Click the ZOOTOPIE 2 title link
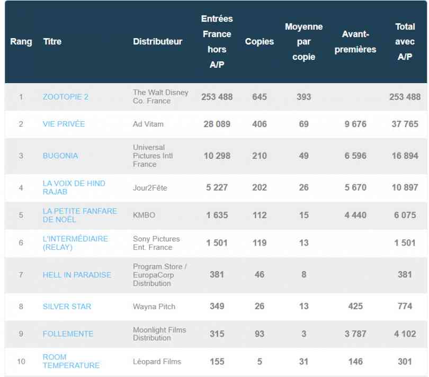click(66, 97)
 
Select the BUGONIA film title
click(60, 156)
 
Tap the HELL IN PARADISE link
click(77, 275)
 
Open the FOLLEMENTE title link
click(68, 334)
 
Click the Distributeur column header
click(157, 41)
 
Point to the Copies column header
click(260, 41)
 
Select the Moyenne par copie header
click(303, 41)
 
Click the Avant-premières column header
click(355, 41)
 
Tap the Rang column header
click(21, 41)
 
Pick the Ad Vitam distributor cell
click(148, 124)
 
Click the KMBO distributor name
click(144, 215)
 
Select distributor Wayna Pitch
click(154, 307)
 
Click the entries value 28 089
click(217, 124)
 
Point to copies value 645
click(260, 97)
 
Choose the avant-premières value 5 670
click(355, 187)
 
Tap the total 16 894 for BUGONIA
click(405, 156)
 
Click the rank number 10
click(21, 362)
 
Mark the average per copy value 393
click(303, 97)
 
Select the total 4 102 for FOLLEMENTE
click(405, 334)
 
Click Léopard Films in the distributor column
click(157, 362)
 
